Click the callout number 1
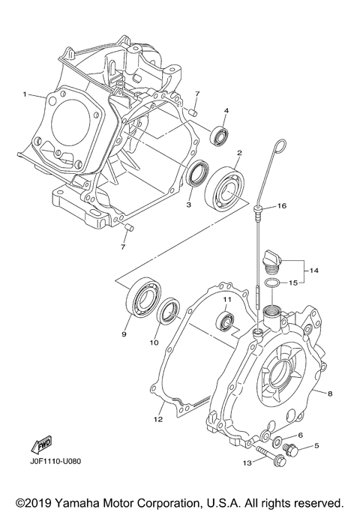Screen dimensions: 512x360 (25, 95)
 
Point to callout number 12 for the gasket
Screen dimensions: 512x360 (158, 419)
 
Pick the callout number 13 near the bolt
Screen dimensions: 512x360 (246, 463)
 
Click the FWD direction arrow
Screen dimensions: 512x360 (40, 447)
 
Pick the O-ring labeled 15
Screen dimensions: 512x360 (275, 283)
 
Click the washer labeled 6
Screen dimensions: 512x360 (277, 441)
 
